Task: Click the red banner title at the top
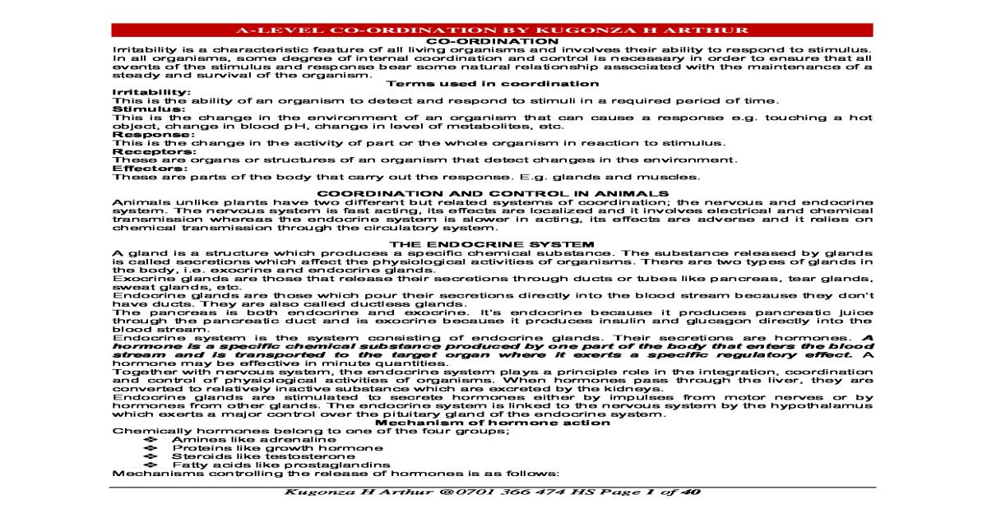click(x=493, y=30)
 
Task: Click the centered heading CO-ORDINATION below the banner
click(x=493, y=40)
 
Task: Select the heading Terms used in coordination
click(x=493, y=83)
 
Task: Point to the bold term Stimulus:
click(x=138, y=109)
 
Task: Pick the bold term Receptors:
click(x=144, y=151)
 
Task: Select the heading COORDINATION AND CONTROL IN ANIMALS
click(x=493, y=193)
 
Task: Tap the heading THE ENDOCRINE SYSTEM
click(x=493, y=244)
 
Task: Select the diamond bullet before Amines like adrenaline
click(x=150, y=440)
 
